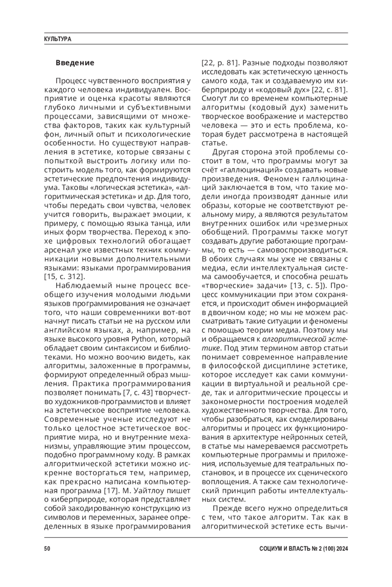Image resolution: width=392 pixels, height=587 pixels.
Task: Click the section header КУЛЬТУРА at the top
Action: pyautogui.click(x=57, y=39)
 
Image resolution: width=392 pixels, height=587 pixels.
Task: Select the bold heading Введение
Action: pyautogui.click(x=75, y=63)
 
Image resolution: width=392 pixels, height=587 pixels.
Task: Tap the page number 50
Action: pyautogui.click(x=47, y=549)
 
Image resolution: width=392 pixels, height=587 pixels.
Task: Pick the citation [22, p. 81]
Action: pyautogui.click(x=221, y=63)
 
